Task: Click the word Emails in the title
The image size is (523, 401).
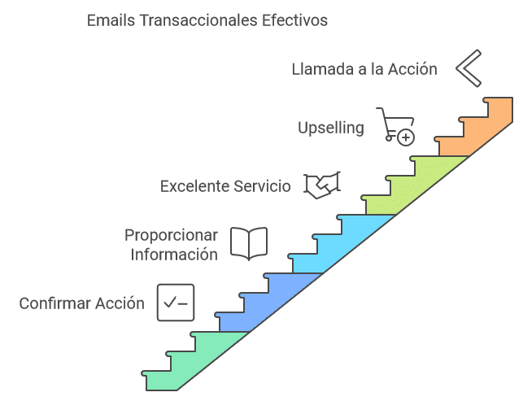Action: point(111,20)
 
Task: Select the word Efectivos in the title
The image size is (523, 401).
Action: point(290,20)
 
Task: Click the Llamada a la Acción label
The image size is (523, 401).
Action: point(364,69)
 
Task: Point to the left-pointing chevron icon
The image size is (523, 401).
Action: point(469,68)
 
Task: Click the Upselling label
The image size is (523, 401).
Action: point(330,128)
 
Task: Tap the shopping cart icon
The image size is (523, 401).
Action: point(394,125)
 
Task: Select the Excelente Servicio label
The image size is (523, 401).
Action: point(225,186)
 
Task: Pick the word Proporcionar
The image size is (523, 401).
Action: point(171,235)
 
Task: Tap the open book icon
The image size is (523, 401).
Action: point(249,243)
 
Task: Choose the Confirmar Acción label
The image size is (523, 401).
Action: point(81,303)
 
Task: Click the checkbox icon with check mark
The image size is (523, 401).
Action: point(176,303)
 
